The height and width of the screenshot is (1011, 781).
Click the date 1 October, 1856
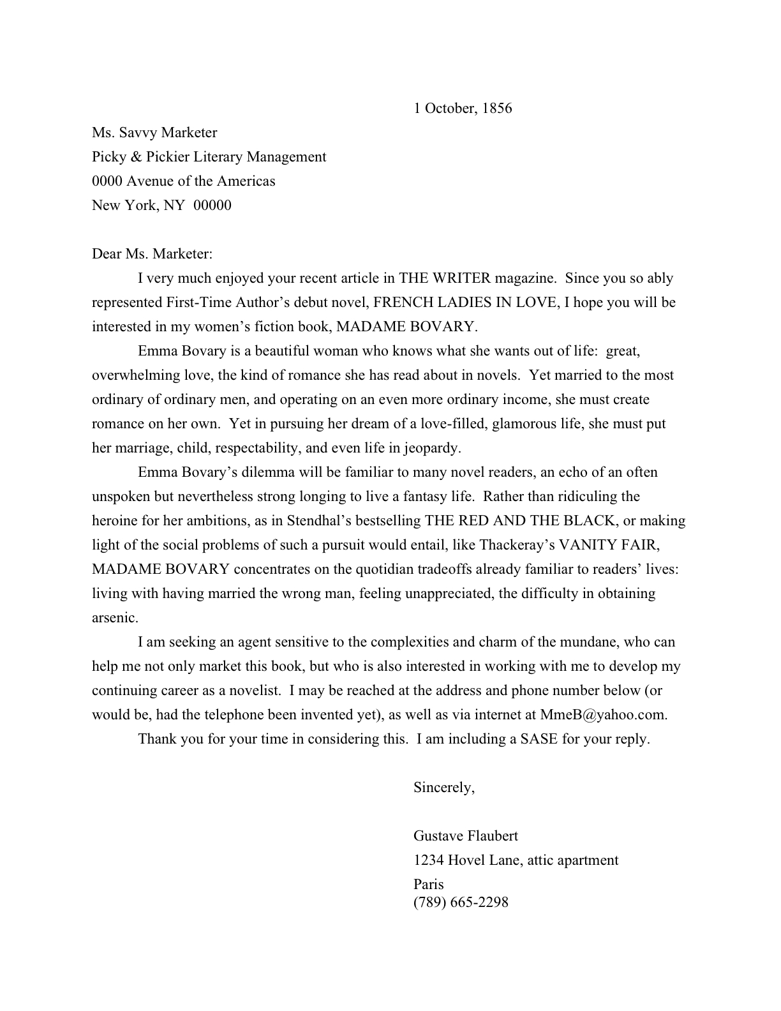pyautogui.click(x=463, y=108)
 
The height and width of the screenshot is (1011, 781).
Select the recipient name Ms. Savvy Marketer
pyautogui.click(x=154, y=133)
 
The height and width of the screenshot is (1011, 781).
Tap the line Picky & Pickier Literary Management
pyautogui.click(x=209, y=157)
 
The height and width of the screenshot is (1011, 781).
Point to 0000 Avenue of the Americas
pyautogui.click(x=184, y=181)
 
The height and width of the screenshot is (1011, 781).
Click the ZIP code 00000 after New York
pyautogui.click(x=212, y=206)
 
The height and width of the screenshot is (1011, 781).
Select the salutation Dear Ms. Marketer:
pyautogui.click(x=152, y=254)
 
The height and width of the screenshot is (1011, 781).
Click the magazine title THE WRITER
pyautogui.click(x=445, y=278)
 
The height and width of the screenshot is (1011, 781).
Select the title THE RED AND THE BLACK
pyautogui.click(x=521, y=521)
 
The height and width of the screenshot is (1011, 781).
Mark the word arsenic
pyautogui.click(x=115, y=618)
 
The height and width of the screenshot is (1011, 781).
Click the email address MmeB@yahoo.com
pyautogui.click(x=602, y=715)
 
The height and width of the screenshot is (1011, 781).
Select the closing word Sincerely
pyautogui.click(x=443, y=788)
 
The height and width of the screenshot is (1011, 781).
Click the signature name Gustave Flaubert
pyautogui.click(x=466, y=836)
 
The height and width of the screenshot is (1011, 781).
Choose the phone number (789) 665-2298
pyautogui.click(x=461, y=902)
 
